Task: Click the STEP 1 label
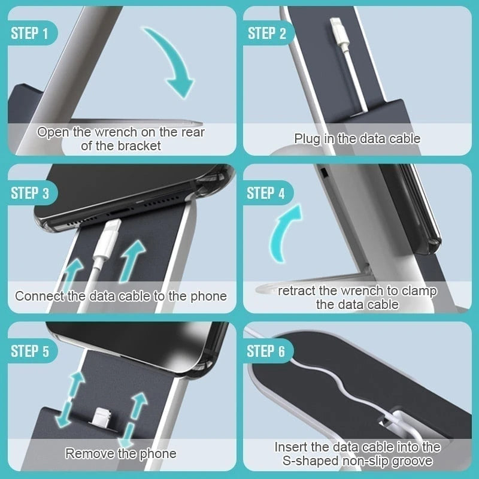point(29,33)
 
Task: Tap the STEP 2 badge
point(266,33)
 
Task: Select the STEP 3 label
point(29,193)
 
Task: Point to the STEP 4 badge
point(266,193)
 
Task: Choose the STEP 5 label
point(29,351)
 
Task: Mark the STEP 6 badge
point(266,351)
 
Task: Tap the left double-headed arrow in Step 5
point(69,399)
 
